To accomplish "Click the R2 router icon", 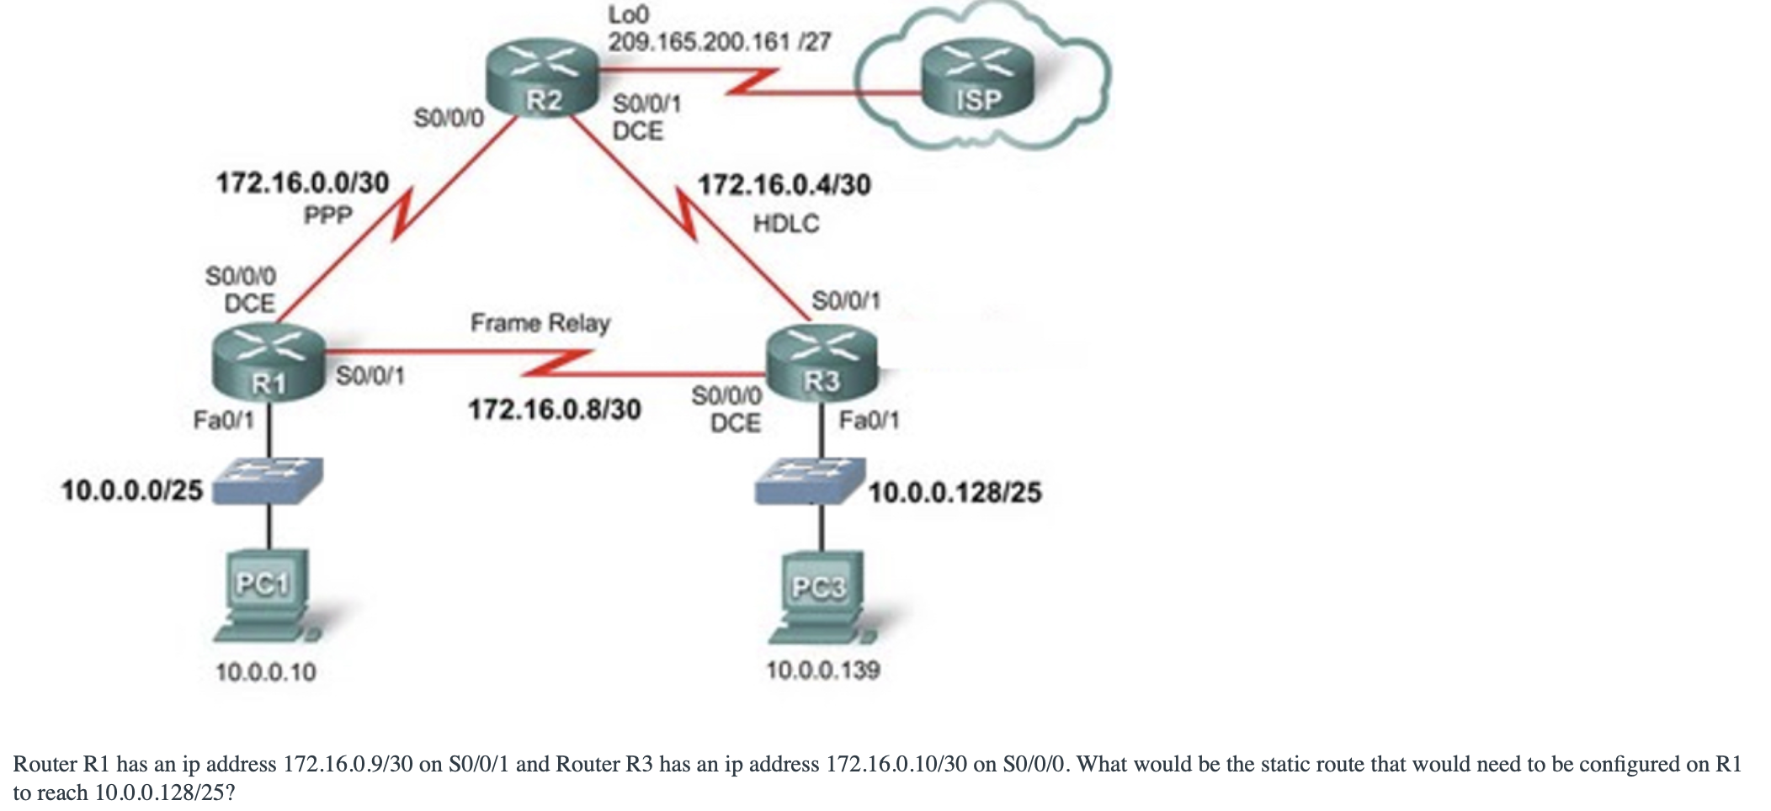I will (543, 80).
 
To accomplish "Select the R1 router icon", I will (269, 363).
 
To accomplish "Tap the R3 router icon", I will (822, 363).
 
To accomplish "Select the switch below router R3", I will (809, 480).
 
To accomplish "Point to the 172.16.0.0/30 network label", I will (303, 183).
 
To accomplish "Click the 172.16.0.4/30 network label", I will (784, 184).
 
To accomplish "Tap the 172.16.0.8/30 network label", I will (555, 410).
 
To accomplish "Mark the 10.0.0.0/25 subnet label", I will (132, 490).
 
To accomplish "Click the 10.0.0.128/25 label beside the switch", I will (955, 492).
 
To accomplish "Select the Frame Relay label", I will (540, 323).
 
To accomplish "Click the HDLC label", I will (786, 224).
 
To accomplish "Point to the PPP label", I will (327, 216).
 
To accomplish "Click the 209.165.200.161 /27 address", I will (720, 41).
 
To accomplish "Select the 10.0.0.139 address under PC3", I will (823, 671).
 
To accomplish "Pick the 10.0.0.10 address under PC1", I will (266, 672).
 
